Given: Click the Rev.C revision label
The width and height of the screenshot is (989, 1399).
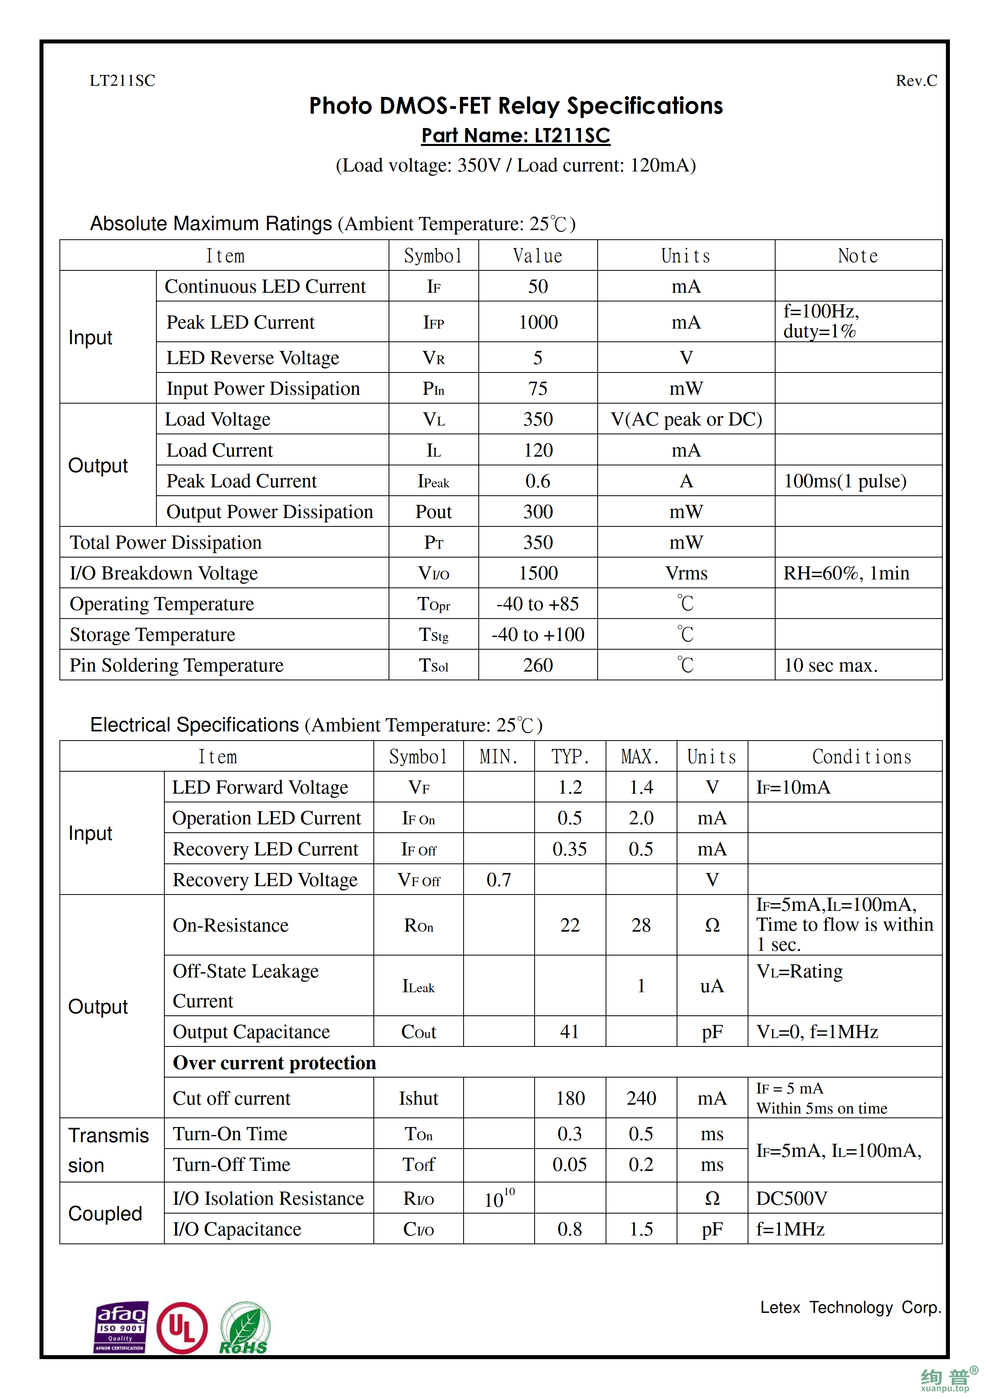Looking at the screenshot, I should pos(916,81).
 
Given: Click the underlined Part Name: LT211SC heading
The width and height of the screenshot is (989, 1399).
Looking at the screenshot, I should pos(515,135).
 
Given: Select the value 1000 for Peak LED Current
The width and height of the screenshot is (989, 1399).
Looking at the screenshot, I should pos(538,322).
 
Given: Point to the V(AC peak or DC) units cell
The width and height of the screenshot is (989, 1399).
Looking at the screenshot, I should pos(686,419).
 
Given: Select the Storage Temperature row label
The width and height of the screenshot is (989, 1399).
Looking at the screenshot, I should pos(152,634).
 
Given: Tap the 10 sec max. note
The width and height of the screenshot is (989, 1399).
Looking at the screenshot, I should pos(831,665).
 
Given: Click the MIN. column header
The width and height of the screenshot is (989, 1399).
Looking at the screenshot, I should pos(498,757).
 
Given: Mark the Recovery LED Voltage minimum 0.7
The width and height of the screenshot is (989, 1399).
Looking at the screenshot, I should pos(498,880).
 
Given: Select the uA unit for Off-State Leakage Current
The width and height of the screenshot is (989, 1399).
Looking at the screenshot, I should pos(712,986).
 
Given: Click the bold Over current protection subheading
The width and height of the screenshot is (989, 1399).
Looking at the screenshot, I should pos(274,1063).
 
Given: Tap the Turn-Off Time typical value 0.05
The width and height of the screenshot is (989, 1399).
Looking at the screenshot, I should pos(570,1165).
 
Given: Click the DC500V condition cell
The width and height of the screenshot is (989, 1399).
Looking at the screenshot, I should pos(792,1198).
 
